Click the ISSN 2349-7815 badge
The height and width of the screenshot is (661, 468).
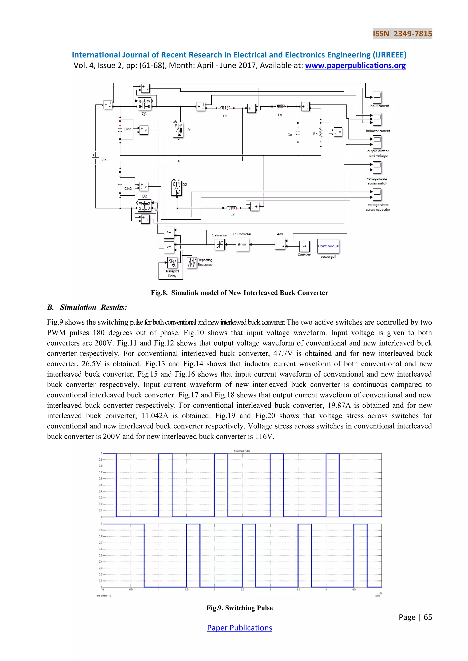point(402,34)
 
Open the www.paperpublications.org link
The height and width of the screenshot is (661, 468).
point(355,66)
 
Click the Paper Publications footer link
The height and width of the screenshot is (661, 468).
point(239,628)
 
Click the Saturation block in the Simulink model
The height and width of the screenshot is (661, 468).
point(220,245)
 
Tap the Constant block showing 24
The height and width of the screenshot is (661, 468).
point(304,246)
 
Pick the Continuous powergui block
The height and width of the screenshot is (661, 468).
point(328,246)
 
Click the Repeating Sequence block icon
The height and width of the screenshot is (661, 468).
point(192,262)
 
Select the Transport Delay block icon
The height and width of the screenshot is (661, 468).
point(172,262)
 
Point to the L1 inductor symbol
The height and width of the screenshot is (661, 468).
point(225,108)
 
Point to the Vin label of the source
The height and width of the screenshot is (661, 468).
point(104,160)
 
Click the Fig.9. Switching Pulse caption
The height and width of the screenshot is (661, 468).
point(239,608)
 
